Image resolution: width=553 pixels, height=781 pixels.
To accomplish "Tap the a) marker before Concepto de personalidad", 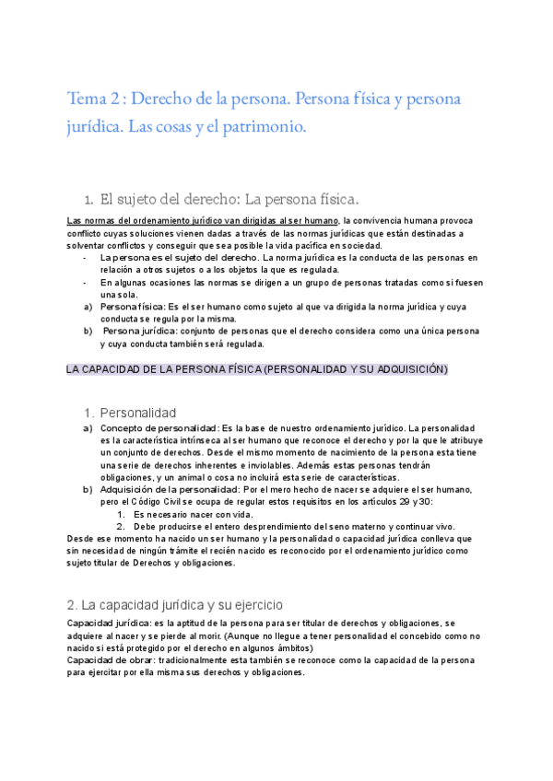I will [88, 429].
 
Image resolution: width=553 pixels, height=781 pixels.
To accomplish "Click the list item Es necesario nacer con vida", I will [192, 514].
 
